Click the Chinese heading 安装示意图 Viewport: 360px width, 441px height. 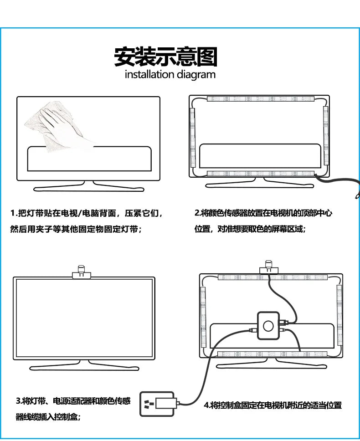click(x=166, y=57)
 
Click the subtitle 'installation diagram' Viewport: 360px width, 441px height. click(x=170, y=75)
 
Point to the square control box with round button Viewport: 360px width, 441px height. click(x=268, y=325)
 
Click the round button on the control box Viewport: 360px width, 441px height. click(x=268, y=326)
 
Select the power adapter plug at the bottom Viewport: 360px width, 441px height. click(x=158, y=404)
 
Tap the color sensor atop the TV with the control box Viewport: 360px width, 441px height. click(x=269, y=267)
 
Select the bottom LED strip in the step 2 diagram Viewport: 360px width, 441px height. click(x=261, y=174)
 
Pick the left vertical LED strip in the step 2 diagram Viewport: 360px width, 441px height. click(x=193, y=138)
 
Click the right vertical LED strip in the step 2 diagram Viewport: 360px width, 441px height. click(x=326, y=136)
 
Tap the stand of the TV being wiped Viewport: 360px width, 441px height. click(x=88, y=186)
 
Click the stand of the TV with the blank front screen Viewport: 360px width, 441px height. click(x=84, y=365)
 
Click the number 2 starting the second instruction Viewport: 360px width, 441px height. click(x=197, y=213)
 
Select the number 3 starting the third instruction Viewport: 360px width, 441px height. click(x=18, y=401)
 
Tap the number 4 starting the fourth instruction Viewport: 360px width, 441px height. click(x=206, y=405)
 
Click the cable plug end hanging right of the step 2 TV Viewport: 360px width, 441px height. click(x=357, y=195)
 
